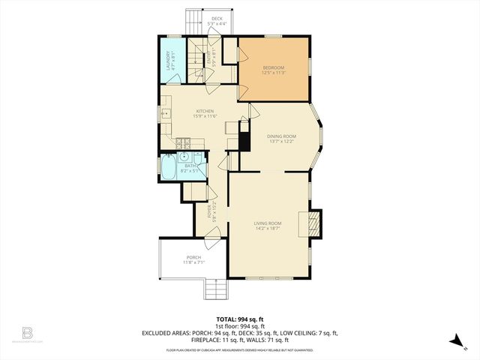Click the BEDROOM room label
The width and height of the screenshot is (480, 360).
(273, 68)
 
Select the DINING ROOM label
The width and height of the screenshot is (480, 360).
(281, 136)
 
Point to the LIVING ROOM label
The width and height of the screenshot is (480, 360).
(268, 223)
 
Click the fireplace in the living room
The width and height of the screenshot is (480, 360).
(311, 223)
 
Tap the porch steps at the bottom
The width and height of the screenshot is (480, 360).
(215, 289)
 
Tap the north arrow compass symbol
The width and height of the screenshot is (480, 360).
(456, 340)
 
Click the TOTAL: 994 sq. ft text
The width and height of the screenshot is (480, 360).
(239, 319)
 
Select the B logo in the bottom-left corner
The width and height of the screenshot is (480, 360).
(27, 332)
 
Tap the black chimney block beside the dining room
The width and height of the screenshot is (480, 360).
(243, 140)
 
